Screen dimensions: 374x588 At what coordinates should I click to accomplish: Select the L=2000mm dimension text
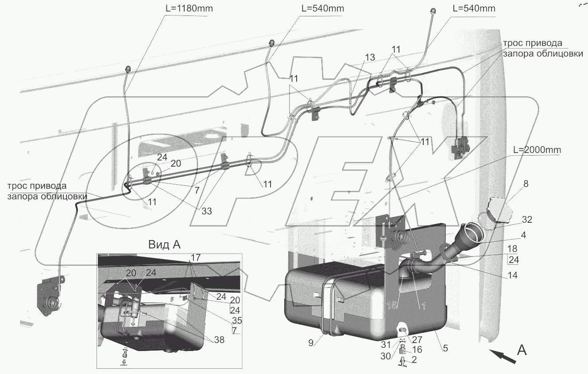[x=537, y=150]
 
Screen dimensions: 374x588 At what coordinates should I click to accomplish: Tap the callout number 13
[x=370, y=57]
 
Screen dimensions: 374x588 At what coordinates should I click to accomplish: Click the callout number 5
[x=445, y=348]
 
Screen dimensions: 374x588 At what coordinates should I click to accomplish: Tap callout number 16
[x=417, y=349]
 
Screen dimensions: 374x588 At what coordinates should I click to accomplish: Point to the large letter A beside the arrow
[x=522, y=350]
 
